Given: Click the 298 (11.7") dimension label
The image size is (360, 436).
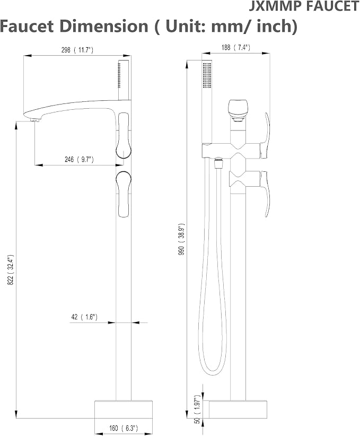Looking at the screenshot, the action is [77, 50].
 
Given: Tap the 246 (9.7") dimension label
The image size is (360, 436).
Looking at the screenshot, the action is [79, 159].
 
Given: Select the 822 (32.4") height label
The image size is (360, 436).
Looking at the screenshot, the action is [11, 269].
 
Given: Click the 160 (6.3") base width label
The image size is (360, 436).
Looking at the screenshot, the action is [124, 428].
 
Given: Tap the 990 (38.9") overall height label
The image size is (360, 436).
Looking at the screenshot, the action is [181, 240].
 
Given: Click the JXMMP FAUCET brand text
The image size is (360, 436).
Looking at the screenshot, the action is [304, 6].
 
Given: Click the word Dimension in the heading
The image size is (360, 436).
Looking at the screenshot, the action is [103, 26].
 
